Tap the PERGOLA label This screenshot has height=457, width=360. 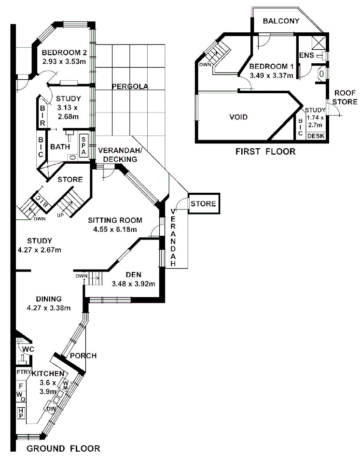[129, 87]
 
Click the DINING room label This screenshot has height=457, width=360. [47, 299]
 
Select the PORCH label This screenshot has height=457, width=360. [83, 356]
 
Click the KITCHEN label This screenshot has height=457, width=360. [48, 374]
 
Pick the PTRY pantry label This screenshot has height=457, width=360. [24, 372]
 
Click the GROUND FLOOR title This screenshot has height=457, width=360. [63, 448]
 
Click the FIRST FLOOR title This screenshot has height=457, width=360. [265, 152]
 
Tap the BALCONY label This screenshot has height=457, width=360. [281, 21]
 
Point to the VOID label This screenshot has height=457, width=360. [238, 117]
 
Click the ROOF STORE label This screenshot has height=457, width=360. [345, 98]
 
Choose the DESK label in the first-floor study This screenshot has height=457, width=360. [316, 136]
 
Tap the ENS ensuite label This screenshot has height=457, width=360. [307, 56]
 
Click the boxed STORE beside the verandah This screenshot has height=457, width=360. [203, 204]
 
